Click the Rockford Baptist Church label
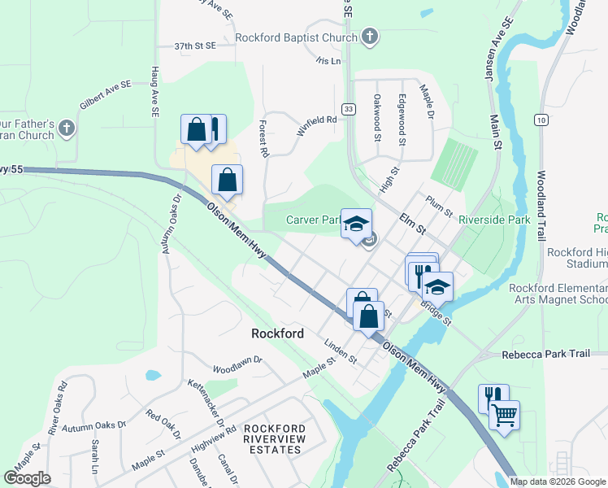(296, 37)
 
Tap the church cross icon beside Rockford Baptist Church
(369, 36)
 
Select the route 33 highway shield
(349, 109)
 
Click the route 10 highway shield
(540, 119)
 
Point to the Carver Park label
(312, 220)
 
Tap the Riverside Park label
(494, 220)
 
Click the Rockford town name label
(277, 333)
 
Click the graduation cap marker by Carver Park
(355, 223)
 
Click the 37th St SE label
(195, 47)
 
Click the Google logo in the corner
(27, 477)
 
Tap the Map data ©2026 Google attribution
(558, 481)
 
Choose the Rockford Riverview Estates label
(276, 439)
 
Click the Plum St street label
(439, 205)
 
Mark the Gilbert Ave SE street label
(105, 95)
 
